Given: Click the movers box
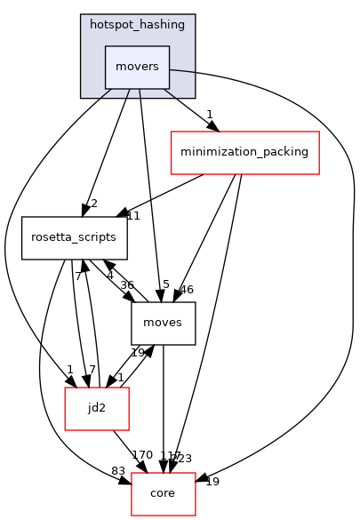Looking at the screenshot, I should pos(137,67).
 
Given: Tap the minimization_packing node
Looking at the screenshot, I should pos(244,152).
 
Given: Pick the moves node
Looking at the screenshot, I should pos(163,323).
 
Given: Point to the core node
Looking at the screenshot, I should pos(163,493).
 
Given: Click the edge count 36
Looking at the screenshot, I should pos(127,285).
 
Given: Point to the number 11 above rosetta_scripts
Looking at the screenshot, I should pos(133,216).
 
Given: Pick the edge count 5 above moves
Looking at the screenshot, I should pos(165,285).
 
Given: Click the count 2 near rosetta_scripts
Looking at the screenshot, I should pos(93,204).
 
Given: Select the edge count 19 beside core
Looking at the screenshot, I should pos(212,482).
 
